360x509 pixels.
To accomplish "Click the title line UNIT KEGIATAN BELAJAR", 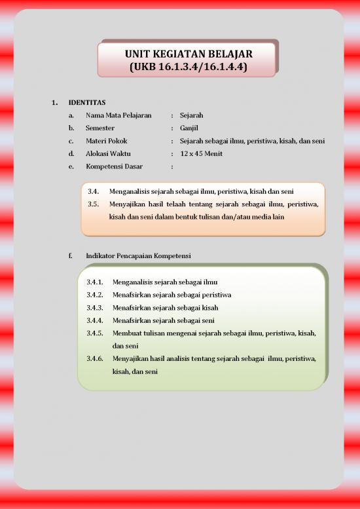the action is [189, 54].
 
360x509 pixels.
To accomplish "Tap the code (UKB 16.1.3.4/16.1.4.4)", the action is [189, 67].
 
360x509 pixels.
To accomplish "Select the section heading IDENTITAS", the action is [87, 102].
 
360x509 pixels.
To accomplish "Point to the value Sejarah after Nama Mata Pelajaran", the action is [192, 115].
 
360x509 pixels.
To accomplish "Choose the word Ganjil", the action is [189, 128].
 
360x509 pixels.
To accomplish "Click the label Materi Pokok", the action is [107, 141].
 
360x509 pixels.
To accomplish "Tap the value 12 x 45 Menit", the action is [202, 153].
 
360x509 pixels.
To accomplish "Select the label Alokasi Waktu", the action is [109, 153].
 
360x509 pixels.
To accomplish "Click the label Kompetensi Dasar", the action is [114, 166].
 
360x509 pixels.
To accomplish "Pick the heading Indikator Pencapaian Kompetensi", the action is [138, 255].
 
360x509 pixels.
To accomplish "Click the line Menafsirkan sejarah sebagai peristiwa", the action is [171, 295].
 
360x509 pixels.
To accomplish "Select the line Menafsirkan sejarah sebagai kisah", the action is [166, 307].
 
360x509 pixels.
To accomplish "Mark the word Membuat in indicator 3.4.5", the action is [126, 333].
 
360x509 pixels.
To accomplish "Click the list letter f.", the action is [70, 255].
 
